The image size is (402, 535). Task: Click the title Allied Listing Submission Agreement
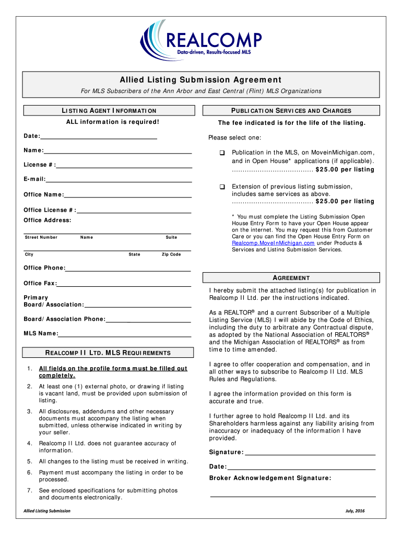tap(201, 80)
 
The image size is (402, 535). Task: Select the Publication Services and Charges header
tap(292, 111)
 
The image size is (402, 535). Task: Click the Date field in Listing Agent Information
tap(99, 136)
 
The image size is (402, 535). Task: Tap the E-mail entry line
tap(119, 180)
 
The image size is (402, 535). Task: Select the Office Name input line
tap(128, 195)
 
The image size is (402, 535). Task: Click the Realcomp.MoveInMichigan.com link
tap(273, 243)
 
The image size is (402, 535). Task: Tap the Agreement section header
tap(292, 278)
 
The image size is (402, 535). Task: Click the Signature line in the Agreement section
tap(310, 452)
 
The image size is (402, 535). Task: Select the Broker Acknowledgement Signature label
tap(270, 478)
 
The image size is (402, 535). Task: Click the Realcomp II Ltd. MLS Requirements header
tap(108, 353)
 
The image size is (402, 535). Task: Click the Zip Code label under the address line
tap(171, 254)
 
